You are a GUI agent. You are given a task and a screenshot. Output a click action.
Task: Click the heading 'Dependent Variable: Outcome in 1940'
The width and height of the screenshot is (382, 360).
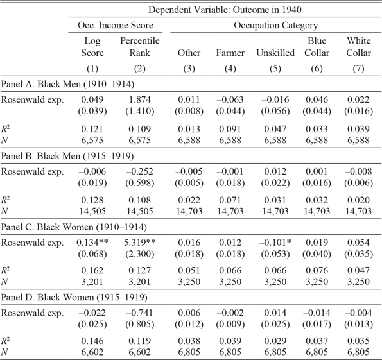point(225,10)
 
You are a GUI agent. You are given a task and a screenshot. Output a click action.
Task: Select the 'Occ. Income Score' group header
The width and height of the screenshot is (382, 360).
point(115,25)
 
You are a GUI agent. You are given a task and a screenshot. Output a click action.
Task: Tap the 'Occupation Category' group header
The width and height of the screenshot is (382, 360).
point(276,25)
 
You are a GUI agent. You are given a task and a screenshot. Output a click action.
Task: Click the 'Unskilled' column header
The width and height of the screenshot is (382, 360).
point(275,53)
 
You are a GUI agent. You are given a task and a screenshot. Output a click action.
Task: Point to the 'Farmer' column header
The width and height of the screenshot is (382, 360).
point(230,53)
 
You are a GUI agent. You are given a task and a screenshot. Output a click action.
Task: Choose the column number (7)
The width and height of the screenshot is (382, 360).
point(358,69)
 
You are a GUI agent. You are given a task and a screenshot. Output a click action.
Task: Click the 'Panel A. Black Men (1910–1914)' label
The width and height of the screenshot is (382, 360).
point(67,84)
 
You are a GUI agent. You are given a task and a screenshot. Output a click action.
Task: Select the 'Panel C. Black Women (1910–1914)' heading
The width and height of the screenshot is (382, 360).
point(74,227)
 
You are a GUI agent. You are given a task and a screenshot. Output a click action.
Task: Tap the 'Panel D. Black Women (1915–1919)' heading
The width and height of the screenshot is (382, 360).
point(74,297)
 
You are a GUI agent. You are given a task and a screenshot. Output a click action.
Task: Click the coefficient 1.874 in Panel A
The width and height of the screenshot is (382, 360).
point(139,99)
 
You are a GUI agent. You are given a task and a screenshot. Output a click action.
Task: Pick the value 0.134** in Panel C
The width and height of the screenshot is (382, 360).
point(92,243)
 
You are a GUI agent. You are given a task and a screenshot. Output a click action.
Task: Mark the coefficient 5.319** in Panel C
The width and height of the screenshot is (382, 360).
point(139,243)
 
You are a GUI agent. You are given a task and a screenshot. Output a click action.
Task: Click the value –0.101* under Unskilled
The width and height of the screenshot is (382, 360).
point(275,243)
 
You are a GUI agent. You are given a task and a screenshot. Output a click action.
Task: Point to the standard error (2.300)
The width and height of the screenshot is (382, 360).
point(139,254)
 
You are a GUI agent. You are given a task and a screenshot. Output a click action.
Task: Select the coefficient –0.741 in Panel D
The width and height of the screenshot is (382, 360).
point(139,313)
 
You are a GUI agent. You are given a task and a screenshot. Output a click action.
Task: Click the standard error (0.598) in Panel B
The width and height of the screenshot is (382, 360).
point(139,183)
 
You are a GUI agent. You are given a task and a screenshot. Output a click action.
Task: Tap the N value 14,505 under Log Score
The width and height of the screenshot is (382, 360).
point(92,211)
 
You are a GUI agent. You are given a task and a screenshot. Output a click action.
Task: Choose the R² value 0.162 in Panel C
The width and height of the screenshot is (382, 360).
point(92,270)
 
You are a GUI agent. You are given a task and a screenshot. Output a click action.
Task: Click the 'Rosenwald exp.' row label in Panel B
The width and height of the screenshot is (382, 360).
point(32,172)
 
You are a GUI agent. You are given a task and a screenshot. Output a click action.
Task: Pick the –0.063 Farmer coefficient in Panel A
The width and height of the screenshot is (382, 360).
point(230,99)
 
